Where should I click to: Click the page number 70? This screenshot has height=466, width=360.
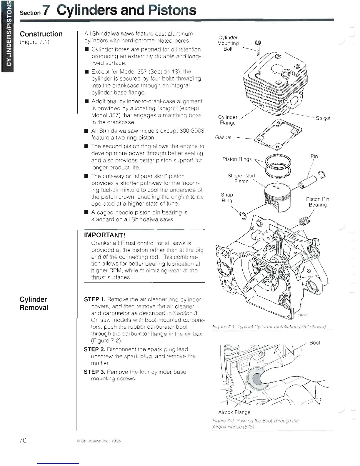tap(23, 440)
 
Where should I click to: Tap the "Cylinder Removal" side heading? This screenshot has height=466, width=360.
tap(34, 303)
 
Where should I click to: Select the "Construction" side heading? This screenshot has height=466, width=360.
tap(41, 34)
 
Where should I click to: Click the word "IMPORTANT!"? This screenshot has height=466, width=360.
tap(105, 235)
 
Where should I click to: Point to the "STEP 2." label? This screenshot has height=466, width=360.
tap(94, 349)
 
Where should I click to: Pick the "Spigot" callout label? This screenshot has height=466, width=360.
tap(323, 118)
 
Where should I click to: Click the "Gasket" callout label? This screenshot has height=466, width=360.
tap(223, 137)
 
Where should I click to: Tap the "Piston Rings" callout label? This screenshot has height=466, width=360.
tap(237, 159)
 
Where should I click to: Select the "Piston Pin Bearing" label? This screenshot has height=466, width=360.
tap(318, 202)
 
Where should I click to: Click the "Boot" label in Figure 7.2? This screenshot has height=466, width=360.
tap(315, 343)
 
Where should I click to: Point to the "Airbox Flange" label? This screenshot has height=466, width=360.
tap(234, 412)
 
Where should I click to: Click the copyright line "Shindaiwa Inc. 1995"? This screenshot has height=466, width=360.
tap(99, 441)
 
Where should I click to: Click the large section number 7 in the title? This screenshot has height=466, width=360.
tap(46, 11)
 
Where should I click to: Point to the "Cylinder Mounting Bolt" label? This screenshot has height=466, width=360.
tap(228, 43)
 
